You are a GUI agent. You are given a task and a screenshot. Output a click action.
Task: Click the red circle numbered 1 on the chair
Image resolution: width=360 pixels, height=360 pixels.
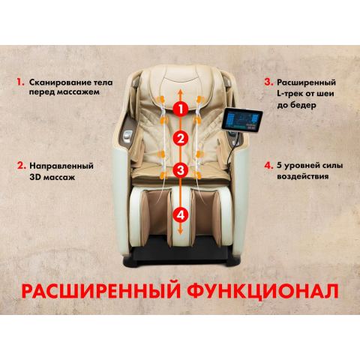coord(179,108)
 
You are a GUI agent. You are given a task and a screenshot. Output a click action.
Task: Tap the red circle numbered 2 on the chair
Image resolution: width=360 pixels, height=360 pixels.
coord(179,138)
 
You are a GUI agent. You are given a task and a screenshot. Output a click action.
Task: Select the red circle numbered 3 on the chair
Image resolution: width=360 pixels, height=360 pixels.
coord(179,170)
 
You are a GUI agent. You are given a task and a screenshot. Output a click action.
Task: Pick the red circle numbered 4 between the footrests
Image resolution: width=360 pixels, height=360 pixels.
coord(179,214)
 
